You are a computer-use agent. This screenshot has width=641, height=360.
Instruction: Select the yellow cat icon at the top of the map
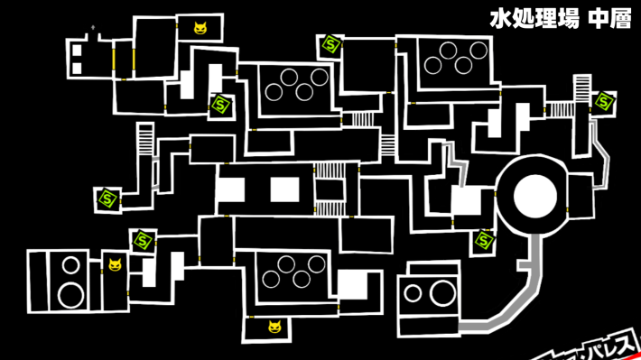tap(200, 28)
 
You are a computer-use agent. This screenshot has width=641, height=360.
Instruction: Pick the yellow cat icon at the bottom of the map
tap(274, 327)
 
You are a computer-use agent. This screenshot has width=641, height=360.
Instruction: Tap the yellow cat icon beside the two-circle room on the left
tap(115, 264)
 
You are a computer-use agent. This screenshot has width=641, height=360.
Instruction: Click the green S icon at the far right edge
tap(603, 101)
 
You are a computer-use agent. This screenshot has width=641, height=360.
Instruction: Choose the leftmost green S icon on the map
tap(107, 198)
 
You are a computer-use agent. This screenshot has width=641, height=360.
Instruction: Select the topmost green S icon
tap(330, 44)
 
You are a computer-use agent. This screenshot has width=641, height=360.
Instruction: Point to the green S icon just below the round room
tap(484, 240)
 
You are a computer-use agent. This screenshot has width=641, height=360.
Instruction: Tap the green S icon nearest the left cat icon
tap(143, 241)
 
